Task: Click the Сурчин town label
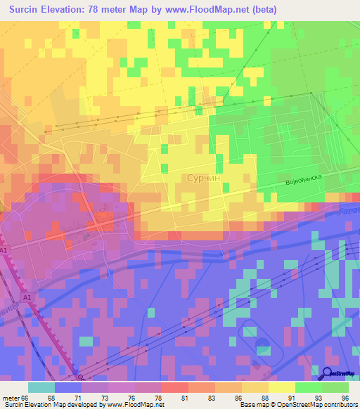[206, 179]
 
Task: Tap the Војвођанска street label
[302, 181]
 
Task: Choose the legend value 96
[344, 398]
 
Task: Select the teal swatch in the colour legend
[41, 387]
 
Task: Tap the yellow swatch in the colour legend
[281, 387]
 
